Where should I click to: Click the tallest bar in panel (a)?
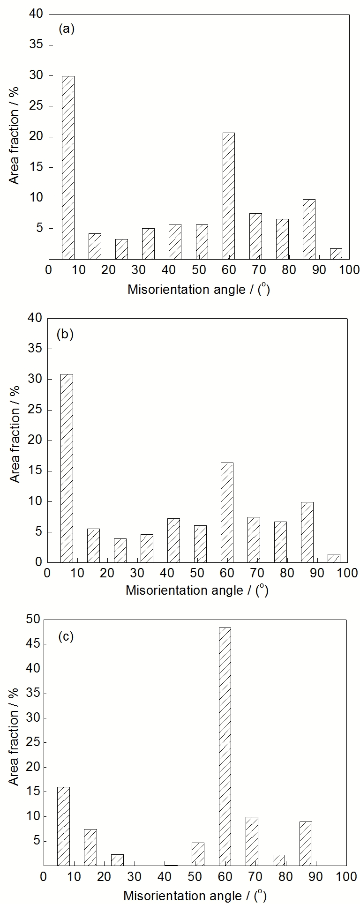coord(68,167)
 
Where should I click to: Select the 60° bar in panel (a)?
coord(228,196)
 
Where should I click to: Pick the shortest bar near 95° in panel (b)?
coord(334,558)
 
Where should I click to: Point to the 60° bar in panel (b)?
coord(227,512)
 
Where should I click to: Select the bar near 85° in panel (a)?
coord(309,229)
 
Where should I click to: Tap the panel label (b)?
coord(65,335)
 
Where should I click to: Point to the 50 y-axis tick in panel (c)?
coord(34,620)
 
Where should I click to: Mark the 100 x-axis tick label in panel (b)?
coord(347,573)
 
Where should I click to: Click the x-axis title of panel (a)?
coord(199,289)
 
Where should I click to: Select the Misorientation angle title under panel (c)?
coord(195,896)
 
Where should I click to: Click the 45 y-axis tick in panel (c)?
coord(34,644)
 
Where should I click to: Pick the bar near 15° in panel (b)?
coord(93,545)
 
